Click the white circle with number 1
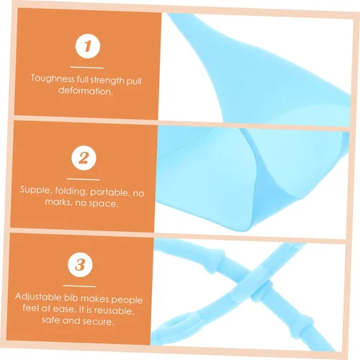click(x=88, y=46)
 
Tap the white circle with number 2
click(x=84, y=158)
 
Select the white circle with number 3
click(x=80, y=265)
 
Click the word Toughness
click(x=53, y=78)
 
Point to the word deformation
click(x=86, y=91)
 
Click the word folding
click(x=71, y=192)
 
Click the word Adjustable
click(x=38, y=297)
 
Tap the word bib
click(x=71, y=297)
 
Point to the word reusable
click(x=113, y=310)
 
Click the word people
click(x=127, y=300)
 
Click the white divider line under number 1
click(x=87, y=68)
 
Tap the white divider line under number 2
click(x=83, y=179)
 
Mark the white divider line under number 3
click(x=79, y=286)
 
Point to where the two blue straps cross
click(x=253, y=283)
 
